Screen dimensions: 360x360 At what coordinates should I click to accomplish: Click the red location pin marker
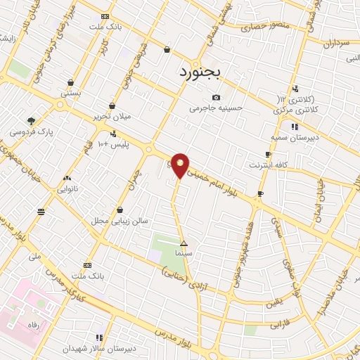click(180, 165)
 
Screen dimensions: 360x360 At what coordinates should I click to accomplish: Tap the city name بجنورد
click(200, 72)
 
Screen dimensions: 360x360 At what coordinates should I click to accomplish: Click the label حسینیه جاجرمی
click(215, 108)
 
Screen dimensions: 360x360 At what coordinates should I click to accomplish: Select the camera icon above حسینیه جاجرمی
click(216, 97)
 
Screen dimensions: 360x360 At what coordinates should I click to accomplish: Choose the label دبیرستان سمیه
click(294, 137)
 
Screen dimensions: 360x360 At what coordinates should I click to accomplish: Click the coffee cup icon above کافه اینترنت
click(268, 154)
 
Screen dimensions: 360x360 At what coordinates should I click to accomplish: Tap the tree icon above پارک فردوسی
click(30, 120)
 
